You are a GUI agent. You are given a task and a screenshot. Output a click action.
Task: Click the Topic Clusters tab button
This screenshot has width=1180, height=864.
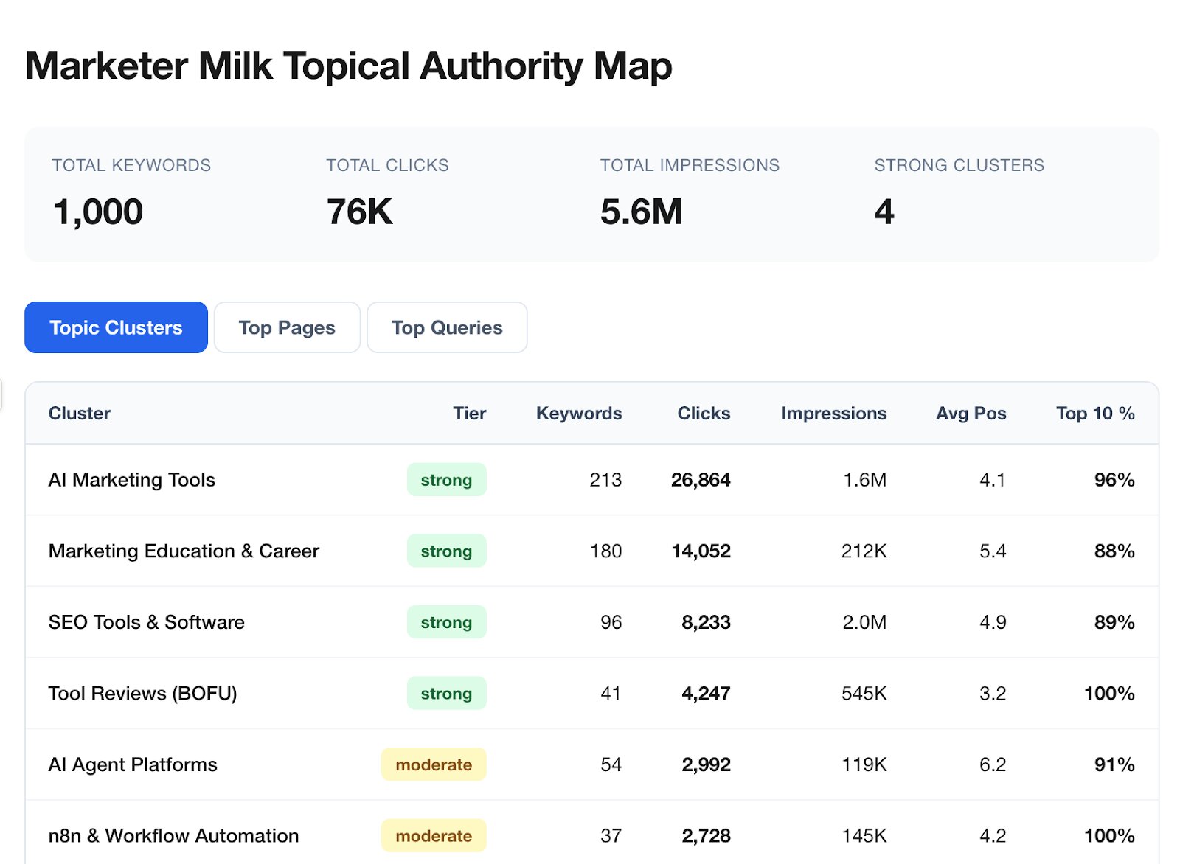point(116,327)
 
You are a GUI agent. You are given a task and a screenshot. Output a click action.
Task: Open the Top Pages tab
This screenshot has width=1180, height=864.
point(287,327)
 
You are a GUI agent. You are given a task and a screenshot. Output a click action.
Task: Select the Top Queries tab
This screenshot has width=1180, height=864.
point(447,327)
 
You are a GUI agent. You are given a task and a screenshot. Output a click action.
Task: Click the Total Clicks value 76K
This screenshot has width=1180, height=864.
point(359,212)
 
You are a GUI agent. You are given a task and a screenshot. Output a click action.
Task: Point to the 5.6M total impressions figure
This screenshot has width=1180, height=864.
point(641,212)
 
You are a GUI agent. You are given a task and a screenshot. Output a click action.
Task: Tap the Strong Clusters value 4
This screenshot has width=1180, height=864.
point(884,212)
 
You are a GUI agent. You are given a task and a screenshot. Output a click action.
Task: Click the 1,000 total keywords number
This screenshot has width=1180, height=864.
point(98,212)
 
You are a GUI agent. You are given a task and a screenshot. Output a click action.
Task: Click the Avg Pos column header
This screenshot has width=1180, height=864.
point(971,414)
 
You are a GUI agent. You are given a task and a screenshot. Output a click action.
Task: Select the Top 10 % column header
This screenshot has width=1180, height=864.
point(1094,414)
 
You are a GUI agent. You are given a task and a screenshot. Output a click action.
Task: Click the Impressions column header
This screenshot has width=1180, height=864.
point(833,414)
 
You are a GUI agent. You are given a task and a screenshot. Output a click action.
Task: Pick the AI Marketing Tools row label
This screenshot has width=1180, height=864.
point(132,480)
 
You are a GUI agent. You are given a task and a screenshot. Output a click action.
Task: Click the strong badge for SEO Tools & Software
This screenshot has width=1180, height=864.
point(446,622)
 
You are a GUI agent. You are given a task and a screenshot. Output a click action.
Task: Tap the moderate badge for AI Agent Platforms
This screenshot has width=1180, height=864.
point(434,764)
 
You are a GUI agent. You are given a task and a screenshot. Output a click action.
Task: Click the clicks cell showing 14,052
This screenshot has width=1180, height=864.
point(701,551)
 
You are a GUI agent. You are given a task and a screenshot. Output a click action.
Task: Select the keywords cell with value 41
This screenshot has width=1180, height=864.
point(610,694)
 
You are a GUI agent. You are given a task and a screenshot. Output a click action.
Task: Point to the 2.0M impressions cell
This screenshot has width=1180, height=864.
point(864,622)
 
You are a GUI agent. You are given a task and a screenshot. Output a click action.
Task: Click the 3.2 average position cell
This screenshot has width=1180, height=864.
point(992,694)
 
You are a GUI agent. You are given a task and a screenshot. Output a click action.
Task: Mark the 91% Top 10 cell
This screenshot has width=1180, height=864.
point(1114,764)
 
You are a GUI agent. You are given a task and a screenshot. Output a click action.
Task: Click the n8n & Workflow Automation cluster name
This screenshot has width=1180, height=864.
point(173,836)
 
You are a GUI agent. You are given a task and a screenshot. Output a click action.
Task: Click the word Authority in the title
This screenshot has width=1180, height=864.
point(502,66)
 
